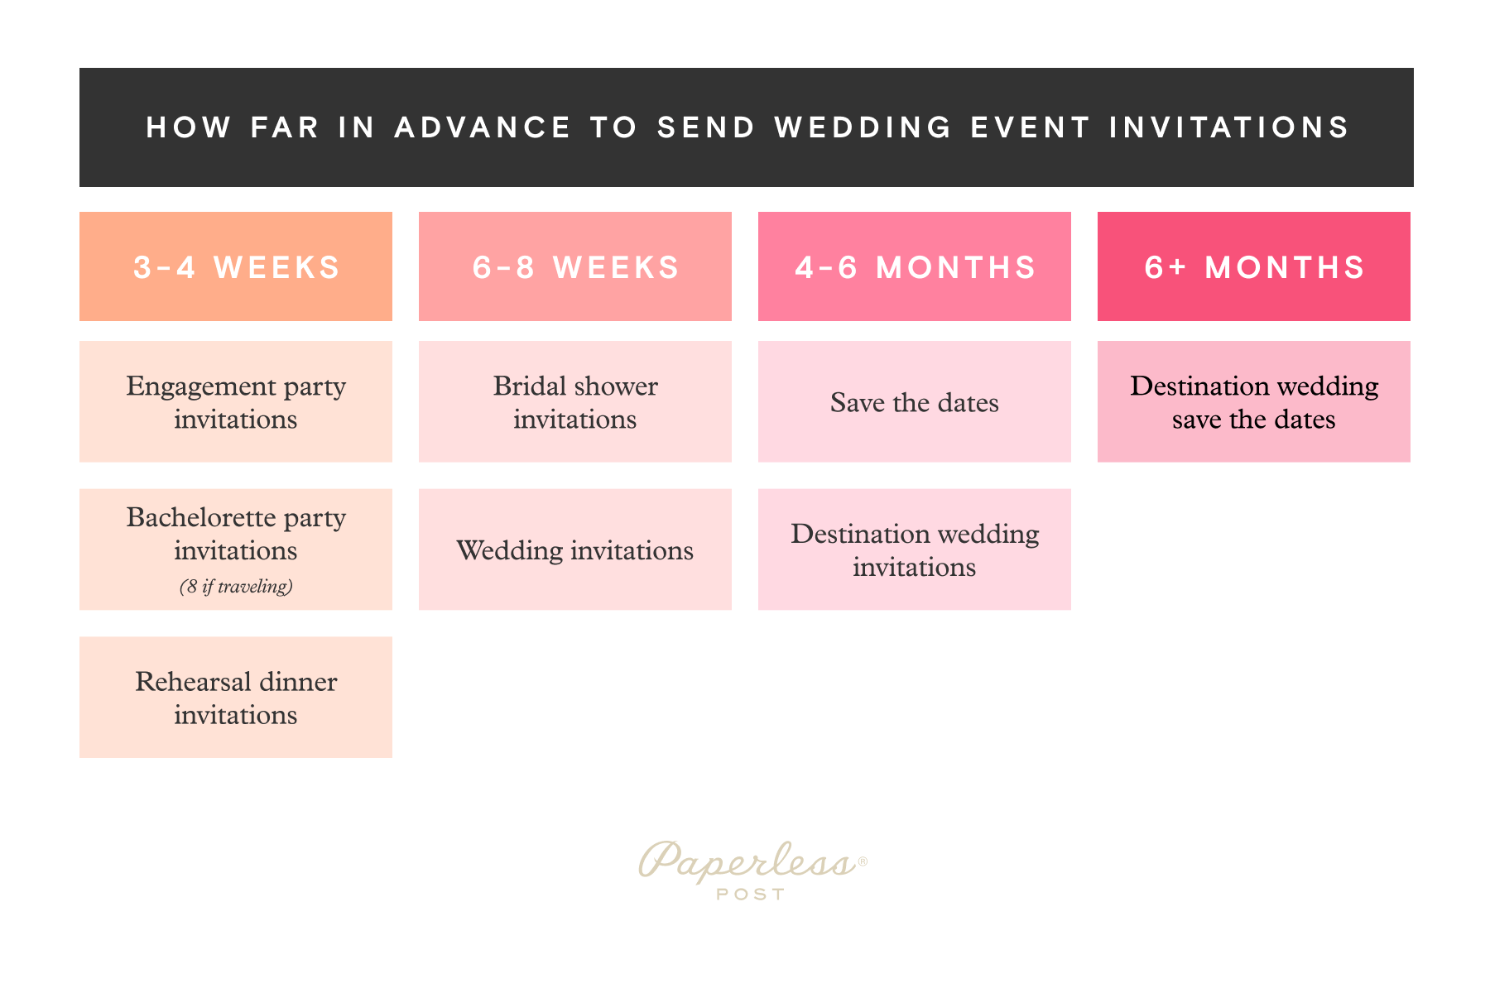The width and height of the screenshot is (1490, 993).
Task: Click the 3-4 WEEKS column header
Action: point(236,266)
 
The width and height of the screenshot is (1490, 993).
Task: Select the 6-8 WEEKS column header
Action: point(575,266)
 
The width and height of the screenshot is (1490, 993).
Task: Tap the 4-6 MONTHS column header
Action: point(915,266)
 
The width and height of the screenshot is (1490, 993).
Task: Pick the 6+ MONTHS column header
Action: point(1254,266)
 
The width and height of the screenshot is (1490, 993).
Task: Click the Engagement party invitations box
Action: point(236,402)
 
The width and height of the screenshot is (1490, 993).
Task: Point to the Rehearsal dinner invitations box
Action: point(236,698)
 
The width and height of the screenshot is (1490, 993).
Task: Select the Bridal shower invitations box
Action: point(575,402)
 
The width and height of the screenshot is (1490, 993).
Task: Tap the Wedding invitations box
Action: point(575,550)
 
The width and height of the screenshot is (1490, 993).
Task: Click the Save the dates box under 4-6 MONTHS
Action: point(915,402)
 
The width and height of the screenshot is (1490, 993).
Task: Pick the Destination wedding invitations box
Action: point(915,550)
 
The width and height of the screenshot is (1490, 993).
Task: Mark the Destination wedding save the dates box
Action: point(1254,402)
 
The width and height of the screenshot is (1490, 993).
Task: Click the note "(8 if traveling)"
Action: point(236,587)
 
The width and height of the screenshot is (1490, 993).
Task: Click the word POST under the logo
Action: point(751,895)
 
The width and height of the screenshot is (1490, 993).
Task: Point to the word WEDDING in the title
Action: point(863,127)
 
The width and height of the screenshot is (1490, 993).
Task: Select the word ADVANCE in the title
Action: point(483,127)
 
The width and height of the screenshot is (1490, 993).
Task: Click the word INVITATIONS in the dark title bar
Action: point(1229,127)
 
